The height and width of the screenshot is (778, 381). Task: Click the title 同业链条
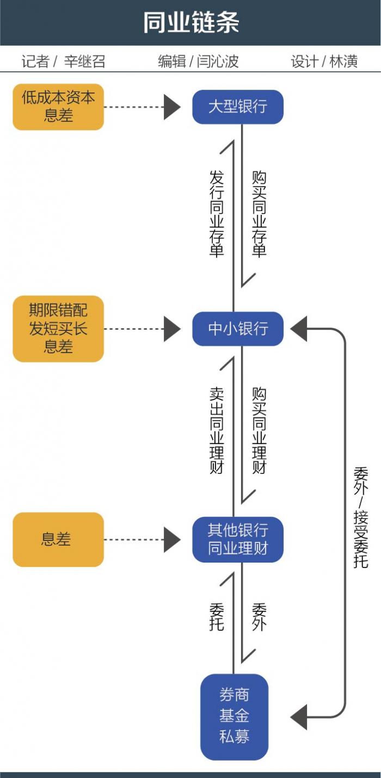pos(191,23)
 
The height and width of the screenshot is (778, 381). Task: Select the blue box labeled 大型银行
pos(238,107)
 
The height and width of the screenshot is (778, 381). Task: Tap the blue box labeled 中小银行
pos(238,329)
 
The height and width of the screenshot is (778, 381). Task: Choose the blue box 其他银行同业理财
pos(238,539)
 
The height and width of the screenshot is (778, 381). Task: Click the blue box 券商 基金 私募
pos(235,716)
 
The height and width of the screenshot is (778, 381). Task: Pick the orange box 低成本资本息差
pos(58,107)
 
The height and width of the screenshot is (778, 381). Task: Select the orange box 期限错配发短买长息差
pos(58,329)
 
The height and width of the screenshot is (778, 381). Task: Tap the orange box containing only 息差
pos(58,539)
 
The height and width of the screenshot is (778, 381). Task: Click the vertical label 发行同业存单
pos(217,214)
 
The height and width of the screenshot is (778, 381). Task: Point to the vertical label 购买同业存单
pos(259,214)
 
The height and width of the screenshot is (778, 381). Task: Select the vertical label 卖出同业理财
pos(217,430)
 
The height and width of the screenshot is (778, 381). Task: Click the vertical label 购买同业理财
pos(259,430)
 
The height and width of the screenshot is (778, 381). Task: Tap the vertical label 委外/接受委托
pos(360,517)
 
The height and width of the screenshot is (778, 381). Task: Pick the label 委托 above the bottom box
pos(217,616)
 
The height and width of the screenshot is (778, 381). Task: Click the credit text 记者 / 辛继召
pos(63,61)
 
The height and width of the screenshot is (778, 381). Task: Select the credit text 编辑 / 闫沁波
pos(198,61)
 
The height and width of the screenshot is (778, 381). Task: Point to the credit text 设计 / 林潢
pos(324,61)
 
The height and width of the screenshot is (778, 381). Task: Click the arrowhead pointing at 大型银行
pos(172,107)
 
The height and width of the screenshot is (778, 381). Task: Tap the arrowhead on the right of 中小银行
pos(299,329)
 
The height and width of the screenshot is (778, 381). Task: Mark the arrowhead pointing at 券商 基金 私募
pos(299,716)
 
